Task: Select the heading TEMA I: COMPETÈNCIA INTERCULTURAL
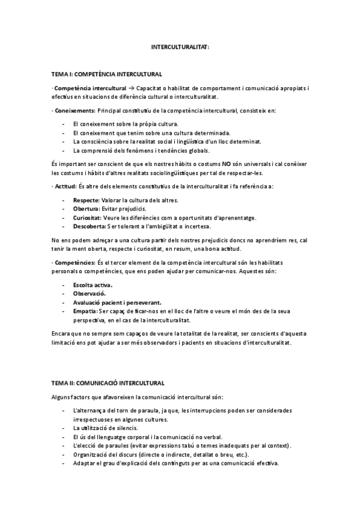106,74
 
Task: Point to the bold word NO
228,163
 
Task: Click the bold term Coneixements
75,111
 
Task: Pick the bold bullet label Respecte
85,200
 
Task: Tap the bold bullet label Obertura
85,209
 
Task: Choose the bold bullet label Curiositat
87,217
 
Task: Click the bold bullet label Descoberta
88,226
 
